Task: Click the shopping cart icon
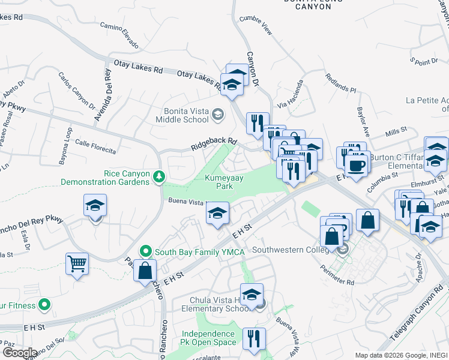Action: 77,263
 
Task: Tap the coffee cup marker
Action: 357,166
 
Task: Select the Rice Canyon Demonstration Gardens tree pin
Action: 159,176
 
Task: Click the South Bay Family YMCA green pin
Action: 145,251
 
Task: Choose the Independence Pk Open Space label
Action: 208,338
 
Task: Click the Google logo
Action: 19,352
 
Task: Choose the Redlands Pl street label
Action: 340,83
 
